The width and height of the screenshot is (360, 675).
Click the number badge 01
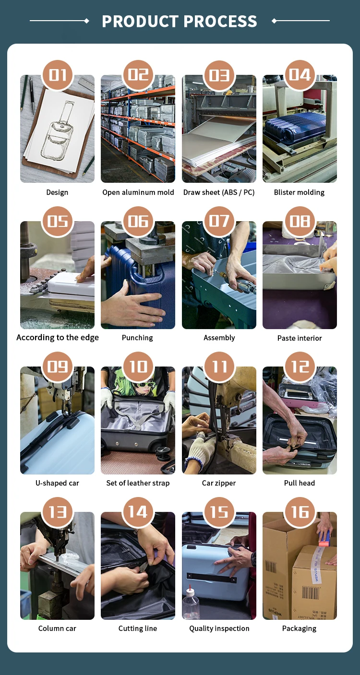click(58, 75)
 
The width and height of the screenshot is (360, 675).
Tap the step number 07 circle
click(219, 221)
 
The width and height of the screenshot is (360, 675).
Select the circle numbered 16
click(300, 512)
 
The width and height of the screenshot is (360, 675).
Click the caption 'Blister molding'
click(299, 192)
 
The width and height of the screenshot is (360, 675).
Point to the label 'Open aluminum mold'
click(138, 192)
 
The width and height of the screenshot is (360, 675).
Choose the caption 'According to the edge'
click(58, 338)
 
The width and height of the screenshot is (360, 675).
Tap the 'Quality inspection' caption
click(219, 628)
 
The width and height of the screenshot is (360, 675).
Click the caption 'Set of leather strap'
click(138, 483)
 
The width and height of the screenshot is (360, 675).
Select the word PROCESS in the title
click(220, 21)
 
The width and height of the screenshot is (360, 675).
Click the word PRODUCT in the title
click(139, 21)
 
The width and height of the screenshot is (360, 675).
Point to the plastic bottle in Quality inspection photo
click(191, 602)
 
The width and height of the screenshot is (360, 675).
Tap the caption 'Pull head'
click(300, 483)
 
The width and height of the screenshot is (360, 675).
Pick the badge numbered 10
click(138, 367)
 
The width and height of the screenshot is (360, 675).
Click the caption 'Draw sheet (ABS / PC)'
click(219, 192)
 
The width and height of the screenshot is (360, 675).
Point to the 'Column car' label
click(57, 628)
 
